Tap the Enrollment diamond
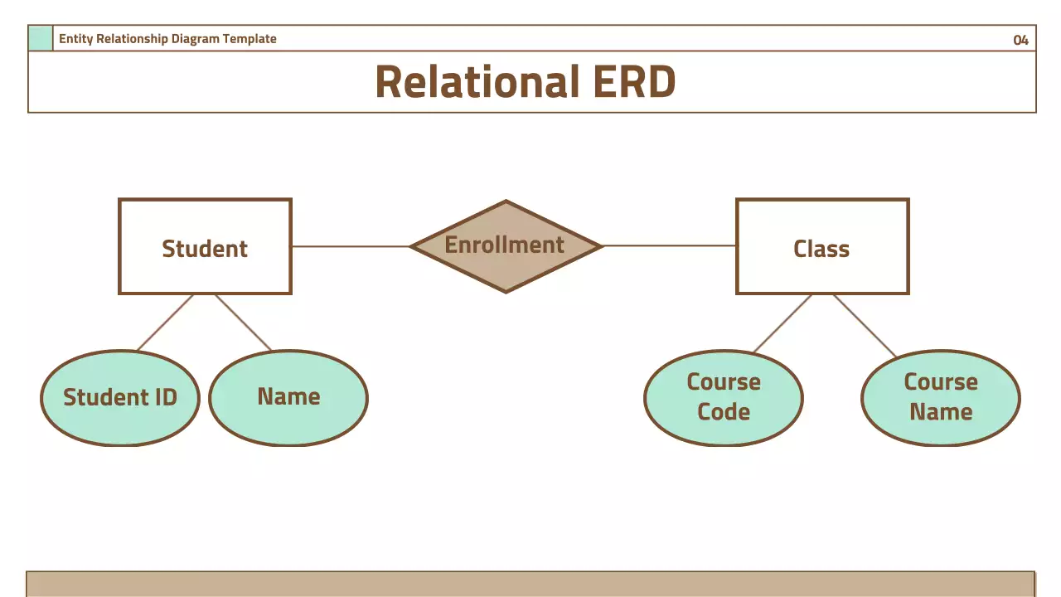(506, 245)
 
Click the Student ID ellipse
(120, 398)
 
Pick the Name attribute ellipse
(288, 398)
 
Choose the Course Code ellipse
(723, 398)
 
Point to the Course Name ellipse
(940, 398)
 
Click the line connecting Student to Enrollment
(351, 246)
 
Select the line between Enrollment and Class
(670, 245)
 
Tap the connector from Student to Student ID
(165, 323)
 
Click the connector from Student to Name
(243, 323)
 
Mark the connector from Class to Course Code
(782, 323)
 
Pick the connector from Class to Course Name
(865, 326)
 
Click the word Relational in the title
(477, 82)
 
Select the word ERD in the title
(634, 82)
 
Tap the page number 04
(1020, 40)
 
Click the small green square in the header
(40, 38)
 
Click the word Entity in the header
(75, 39)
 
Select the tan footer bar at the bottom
(530, 584)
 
